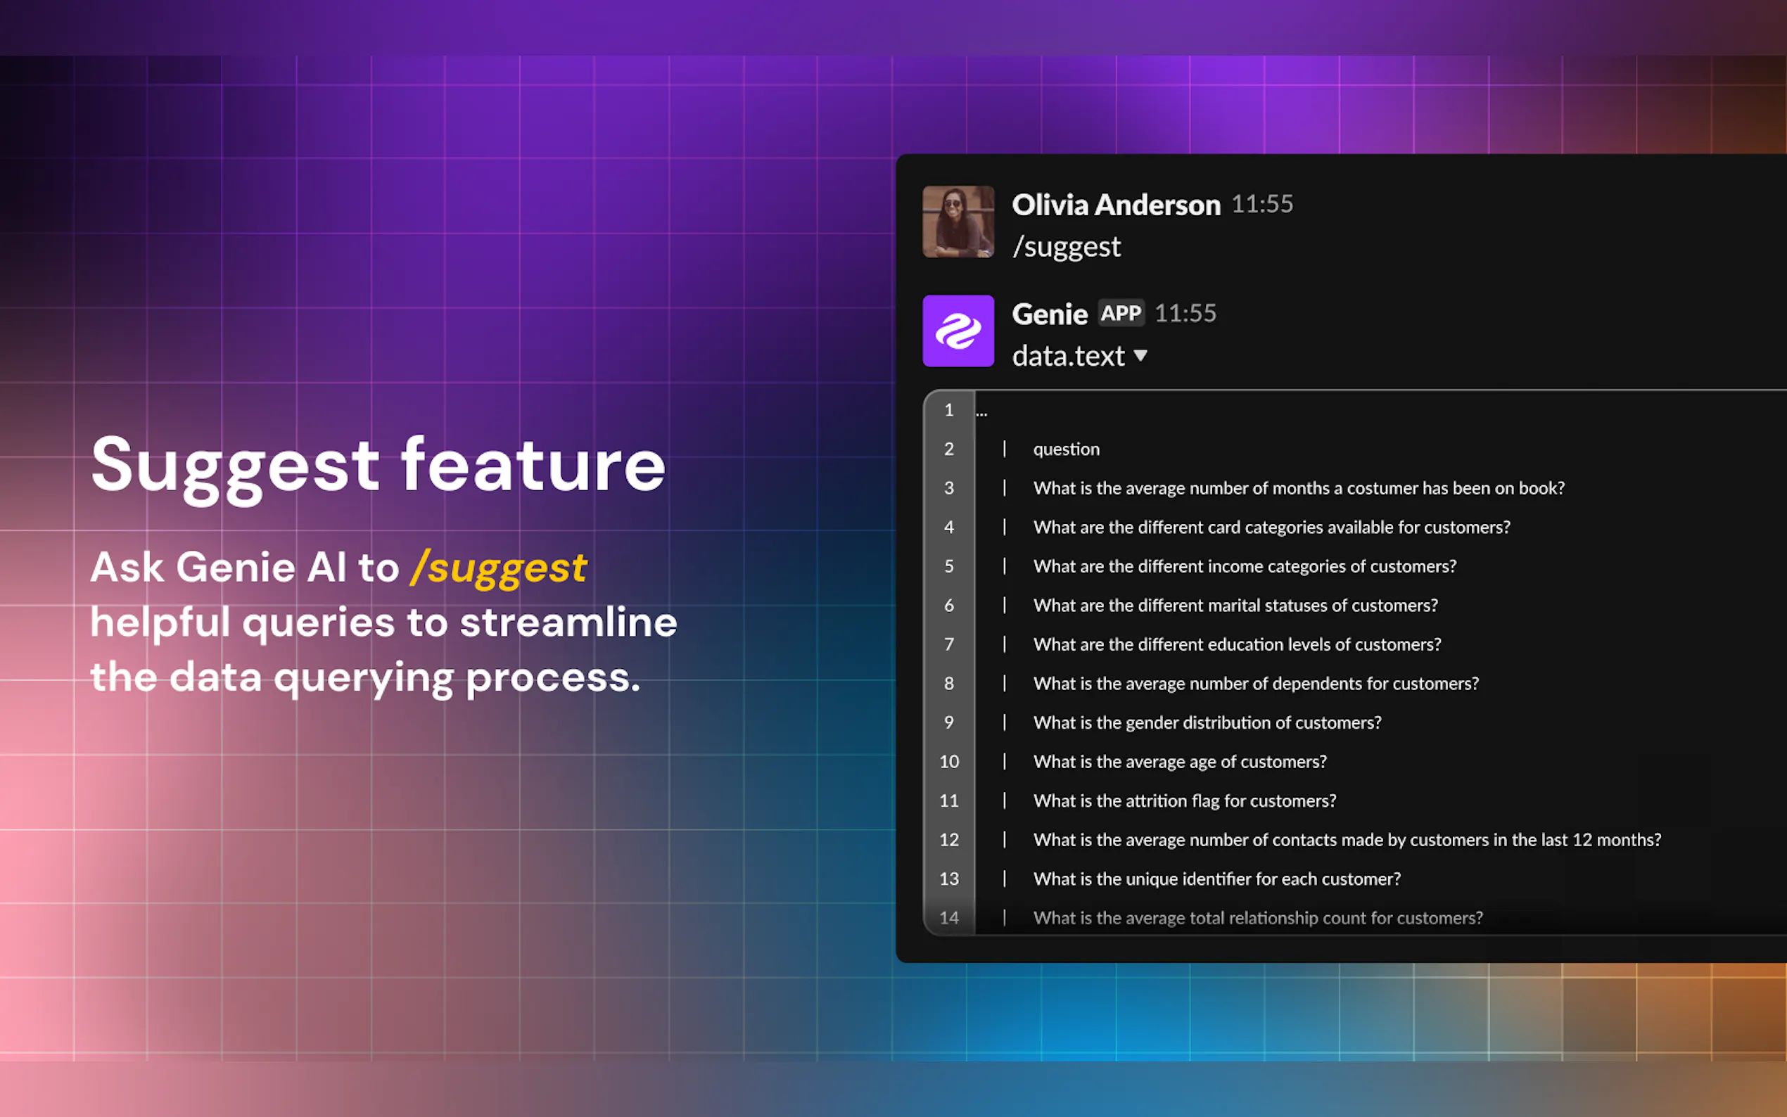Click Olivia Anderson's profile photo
(958, 222)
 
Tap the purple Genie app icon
(958, 331)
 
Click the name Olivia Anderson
(1117, 205)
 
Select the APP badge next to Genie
(1121, 313)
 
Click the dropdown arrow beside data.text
(1140, 356)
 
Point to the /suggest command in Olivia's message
(1066, 247)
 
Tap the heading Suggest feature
(379, 466)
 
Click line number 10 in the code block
(949, 762)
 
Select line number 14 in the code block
(949, 917)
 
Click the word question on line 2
(1066, 450)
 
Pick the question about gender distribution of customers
(1207, 722)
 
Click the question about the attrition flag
(1184, 800)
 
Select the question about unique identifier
(1216, 879)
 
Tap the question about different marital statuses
(1235, 606)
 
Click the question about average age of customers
(1180, 762)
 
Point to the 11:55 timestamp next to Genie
(1185, 313)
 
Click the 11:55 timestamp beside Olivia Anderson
(1262, 204)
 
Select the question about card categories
(1271, 528)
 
